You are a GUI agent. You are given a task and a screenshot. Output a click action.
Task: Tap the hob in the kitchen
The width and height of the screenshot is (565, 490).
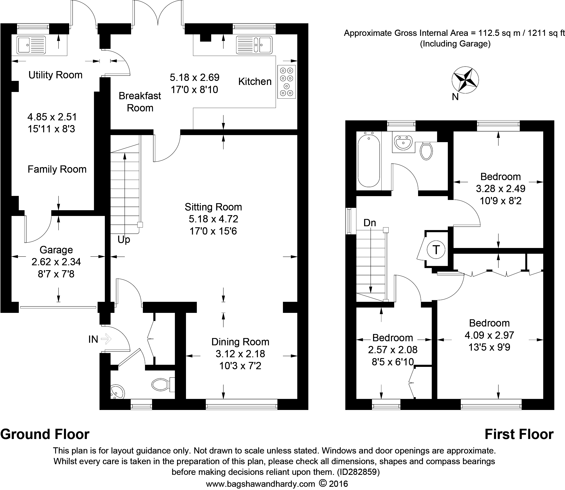[287, 82]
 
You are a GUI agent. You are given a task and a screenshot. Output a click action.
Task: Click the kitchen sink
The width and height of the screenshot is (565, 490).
[254, 44]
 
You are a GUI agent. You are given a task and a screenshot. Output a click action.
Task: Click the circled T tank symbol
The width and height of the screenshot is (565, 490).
[436, 249]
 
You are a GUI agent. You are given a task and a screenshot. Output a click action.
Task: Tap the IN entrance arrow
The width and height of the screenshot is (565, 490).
[106, 339]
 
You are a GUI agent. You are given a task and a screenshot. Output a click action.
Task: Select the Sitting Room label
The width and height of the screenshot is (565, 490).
[213, 207]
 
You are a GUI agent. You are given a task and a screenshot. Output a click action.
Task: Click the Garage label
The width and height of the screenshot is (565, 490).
[56, 250]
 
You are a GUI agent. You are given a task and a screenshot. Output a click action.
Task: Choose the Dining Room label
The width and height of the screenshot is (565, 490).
[240, 342]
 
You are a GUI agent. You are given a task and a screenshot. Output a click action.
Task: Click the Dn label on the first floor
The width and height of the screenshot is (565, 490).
[370, 223]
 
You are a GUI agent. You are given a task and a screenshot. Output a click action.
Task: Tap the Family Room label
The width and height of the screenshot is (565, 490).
[57, 169]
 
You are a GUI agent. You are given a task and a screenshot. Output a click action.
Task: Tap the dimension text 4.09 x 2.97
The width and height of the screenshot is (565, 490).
[489, 335]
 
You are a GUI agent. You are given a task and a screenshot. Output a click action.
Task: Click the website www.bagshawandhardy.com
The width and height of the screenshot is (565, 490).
[261, 484]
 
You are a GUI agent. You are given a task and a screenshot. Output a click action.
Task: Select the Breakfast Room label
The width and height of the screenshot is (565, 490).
[140, 102]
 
